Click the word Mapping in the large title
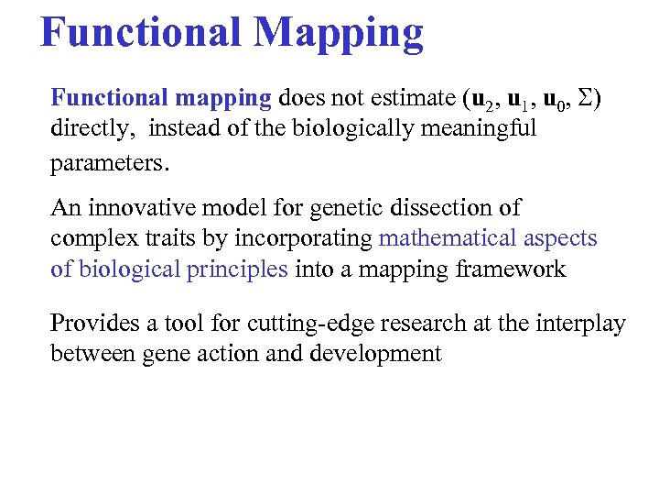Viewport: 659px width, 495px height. [339, 33]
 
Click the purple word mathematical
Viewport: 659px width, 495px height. [447, 238]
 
